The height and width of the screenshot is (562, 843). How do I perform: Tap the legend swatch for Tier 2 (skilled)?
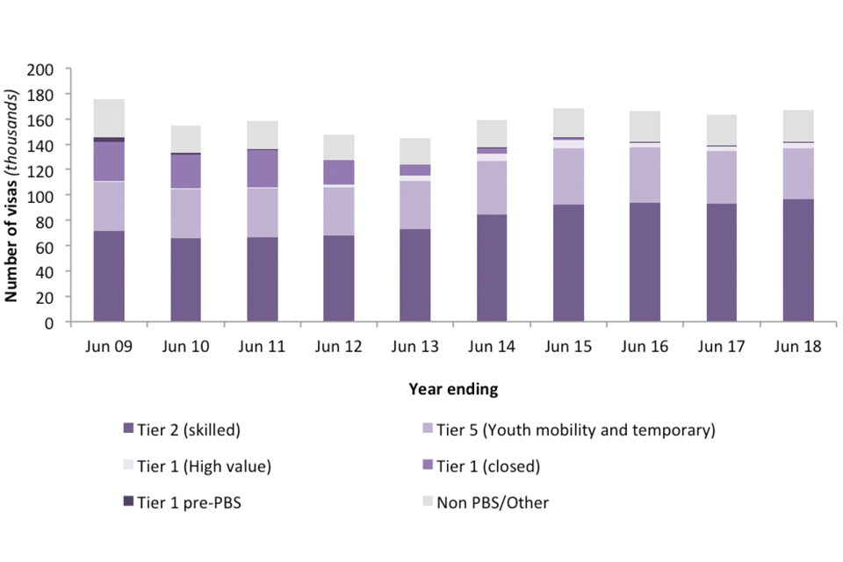pos(129,429)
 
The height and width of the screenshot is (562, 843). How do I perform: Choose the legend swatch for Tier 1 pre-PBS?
pos(129,501)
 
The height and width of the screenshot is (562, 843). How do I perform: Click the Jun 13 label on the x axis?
pos(415,346)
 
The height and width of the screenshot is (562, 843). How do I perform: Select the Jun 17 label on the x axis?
pos(722,346)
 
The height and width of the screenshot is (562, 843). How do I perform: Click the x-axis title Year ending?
pos(454,387)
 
